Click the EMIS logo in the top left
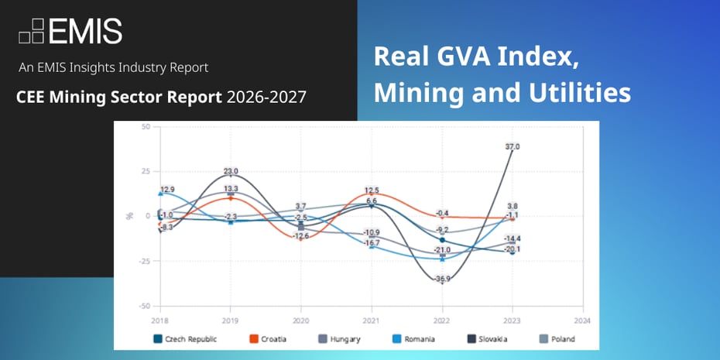click(x=70, y=31)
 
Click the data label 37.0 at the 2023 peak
click(x=513, y=146)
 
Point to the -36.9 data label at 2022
click(x=443, y=279)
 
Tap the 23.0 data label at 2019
click(x=231, y=171)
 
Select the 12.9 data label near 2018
click(x=168, y=189)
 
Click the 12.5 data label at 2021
click(x=372, y=190)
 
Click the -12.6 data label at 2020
click(x=301, y=235)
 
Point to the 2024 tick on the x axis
click(x=582, y=320)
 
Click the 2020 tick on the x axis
click(x=301, y=320)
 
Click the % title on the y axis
click(x=129, y=216)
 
